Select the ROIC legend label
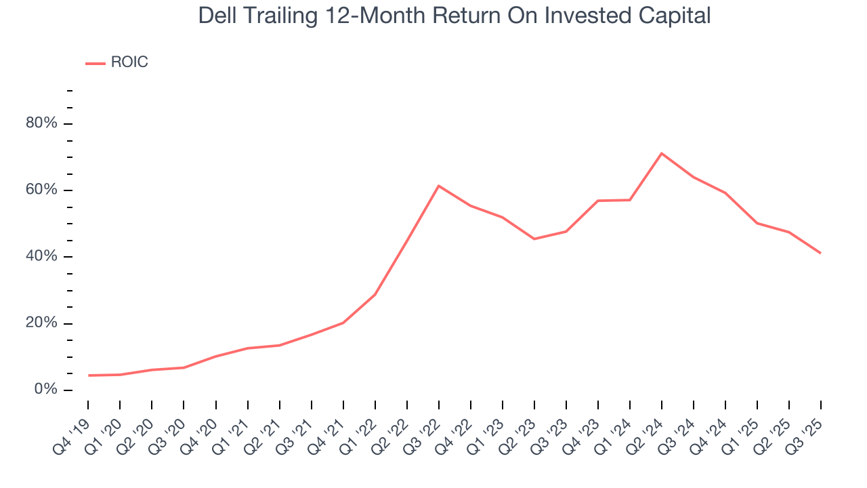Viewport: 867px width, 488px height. (x=129, y=63)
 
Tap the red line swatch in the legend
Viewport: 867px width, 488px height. (x=96, y=64)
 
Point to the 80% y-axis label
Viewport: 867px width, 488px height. (x=41, y=123)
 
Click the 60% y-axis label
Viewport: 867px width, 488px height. (x=41, y=190)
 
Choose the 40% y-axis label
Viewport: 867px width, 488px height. (x=41, y=256)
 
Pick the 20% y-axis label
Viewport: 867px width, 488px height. (x=41, y=323)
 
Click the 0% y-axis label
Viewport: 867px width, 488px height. (x=45, y=390)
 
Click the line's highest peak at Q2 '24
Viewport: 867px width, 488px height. (x=662, y=153)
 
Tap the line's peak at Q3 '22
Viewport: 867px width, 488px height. (x=439, y=186)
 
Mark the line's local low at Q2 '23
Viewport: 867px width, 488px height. (x=534, y=239)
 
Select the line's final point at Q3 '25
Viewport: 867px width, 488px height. (x=821, y=253)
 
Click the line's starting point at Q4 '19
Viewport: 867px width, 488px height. (x=88, y=375)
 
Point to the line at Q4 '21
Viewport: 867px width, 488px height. (x=343, y=323)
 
